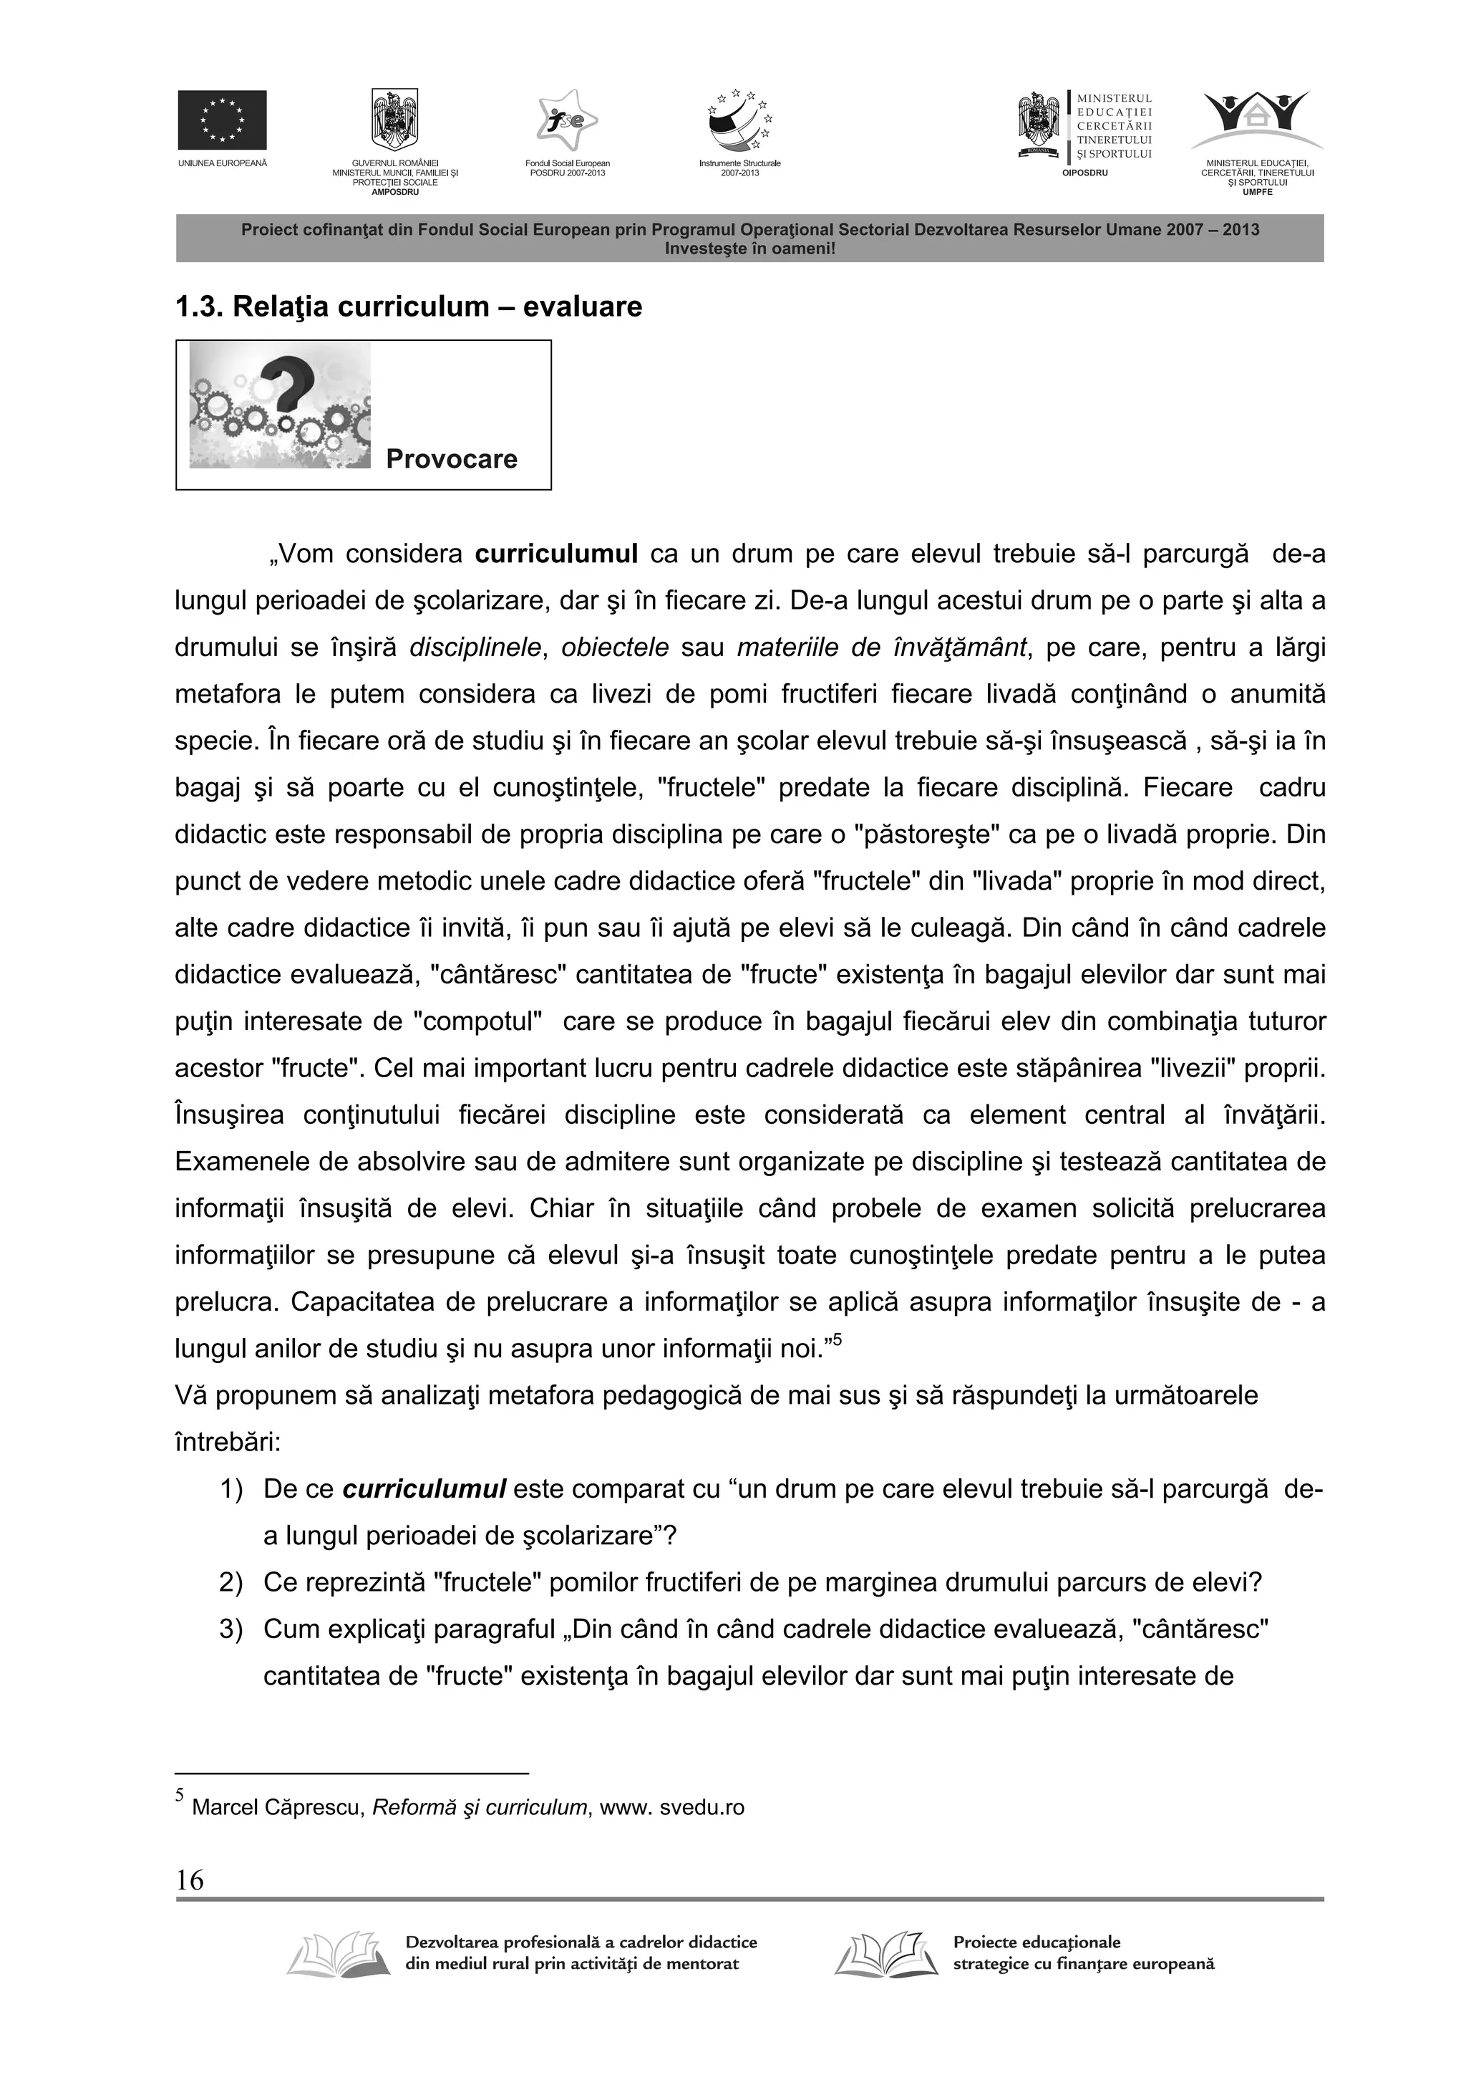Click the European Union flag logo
[221, 120]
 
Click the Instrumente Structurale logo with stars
[739, 122]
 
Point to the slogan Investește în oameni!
[749, 248]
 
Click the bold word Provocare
[452, 459]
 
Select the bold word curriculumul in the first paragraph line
[558, 554]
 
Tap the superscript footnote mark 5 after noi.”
[838, 1340]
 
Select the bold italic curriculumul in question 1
[424, 1489]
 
